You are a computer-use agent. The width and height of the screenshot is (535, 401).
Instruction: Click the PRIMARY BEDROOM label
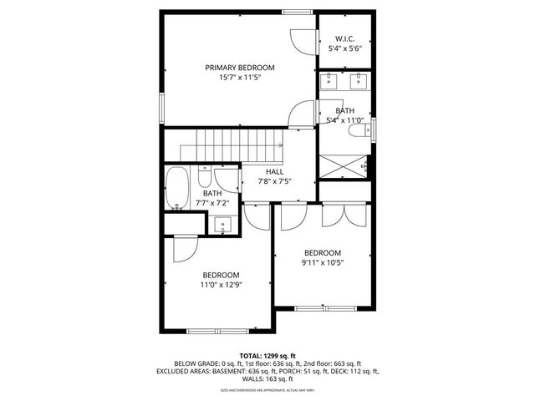pyautogui.click(x=240, y=68)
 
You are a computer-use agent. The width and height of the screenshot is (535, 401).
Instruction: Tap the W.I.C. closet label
pyautogui.click(x=345, y=39)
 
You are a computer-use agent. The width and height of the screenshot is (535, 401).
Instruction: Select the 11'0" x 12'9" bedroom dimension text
pyautogui.click(x=221, y=285)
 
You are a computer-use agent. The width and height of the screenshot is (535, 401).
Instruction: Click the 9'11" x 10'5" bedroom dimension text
pyautogui.click(x=323, y=263)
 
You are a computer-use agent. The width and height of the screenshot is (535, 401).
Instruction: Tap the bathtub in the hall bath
pyautogui.click(x=176, y=188)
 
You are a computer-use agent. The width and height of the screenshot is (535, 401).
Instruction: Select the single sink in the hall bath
pyautogui.click(x=223, y=223)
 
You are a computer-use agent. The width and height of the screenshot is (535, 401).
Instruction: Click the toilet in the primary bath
pyautogui.click(x=359, y=131)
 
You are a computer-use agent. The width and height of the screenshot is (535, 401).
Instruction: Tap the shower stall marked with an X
pyautogui.click(x=344, y=164)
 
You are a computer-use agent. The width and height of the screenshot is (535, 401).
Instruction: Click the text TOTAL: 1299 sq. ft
pyautogui.click(x=267, y=356)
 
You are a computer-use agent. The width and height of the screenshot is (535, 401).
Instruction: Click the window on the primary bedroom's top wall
pyautogui.click(x=293, y=12)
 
